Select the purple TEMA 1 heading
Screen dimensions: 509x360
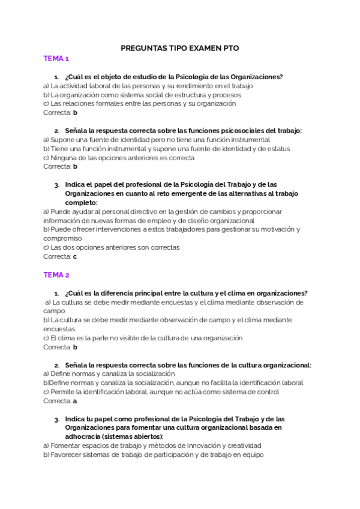(56, 59)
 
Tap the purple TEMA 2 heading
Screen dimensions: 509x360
(56, 275)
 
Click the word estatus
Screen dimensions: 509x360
(278, 149)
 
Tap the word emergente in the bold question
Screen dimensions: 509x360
(184, 194)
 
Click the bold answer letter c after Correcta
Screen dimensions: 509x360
(75, 256)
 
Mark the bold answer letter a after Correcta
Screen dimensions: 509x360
(75, 401)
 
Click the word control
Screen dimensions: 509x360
(268, 392)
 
